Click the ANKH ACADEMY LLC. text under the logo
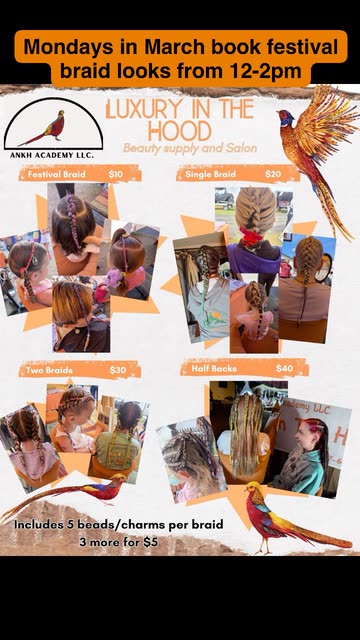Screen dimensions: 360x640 pos(52,155)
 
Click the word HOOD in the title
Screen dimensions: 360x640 pos(180,131)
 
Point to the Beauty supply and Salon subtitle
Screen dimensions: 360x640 pos(190,148)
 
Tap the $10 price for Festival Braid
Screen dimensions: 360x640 pos(116,174)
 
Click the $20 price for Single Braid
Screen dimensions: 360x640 pos(273,174)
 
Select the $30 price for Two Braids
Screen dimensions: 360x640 pos(118,370)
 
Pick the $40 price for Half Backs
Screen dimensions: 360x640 pos(284,369)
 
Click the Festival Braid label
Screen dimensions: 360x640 pos(57,174)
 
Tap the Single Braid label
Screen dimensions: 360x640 pos(211,174)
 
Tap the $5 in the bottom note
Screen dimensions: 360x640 pos(151,542)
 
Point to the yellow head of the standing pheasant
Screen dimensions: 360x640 pos(251,487)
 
